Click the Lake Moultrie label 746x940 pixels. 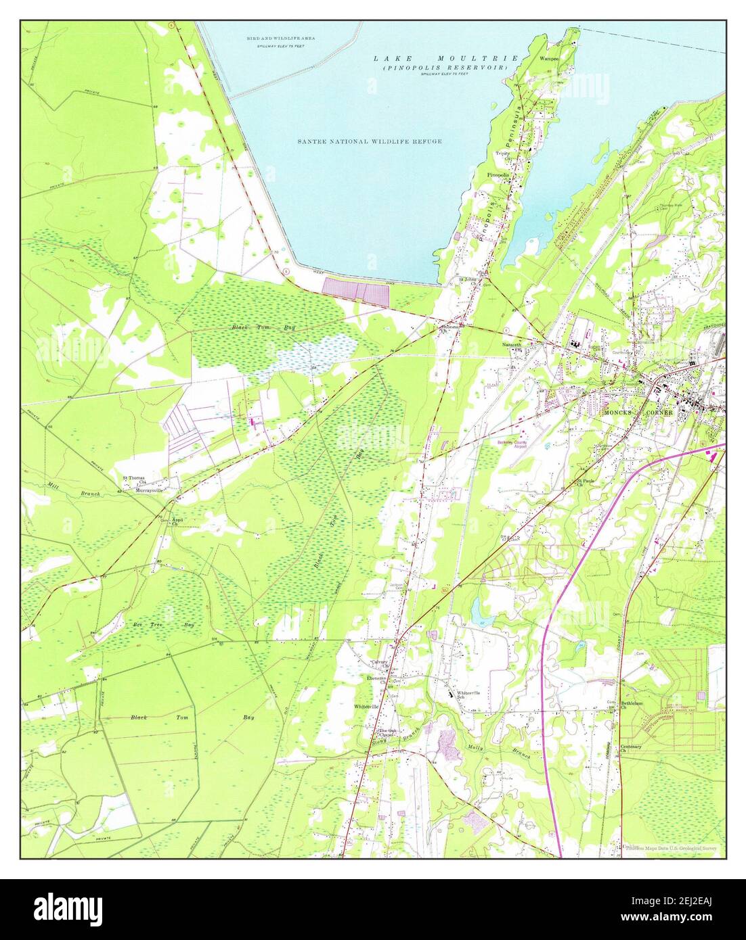click(x=446, y=59)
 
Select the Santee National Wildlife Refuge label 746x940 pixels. click(x=370, y=141)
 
